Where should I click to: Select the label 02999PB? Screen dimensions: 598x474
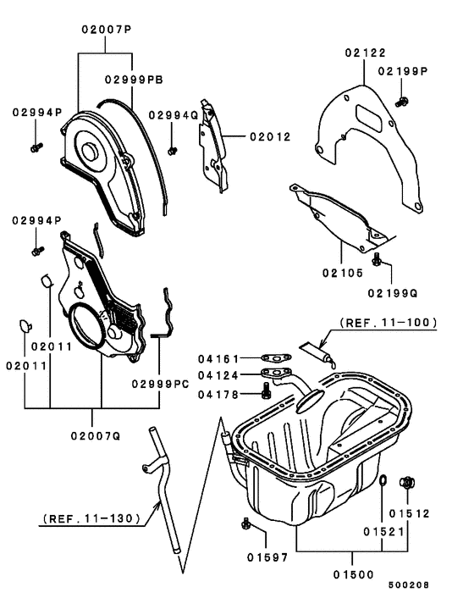(134, 80)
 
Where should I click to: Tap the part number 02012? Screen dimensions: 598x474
(269, 136)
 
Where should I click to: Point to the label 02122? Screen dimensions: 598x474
(365, 53)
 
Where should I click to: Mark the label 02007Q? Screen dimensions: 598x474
(102, 436)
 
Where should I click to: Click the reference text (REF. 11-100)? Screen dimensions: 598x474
(389, 322)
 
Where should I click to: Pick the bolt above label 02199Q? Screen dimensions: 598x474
(378, 257)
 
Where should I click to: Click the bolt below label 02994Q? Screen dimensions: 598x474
(172, 151)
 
